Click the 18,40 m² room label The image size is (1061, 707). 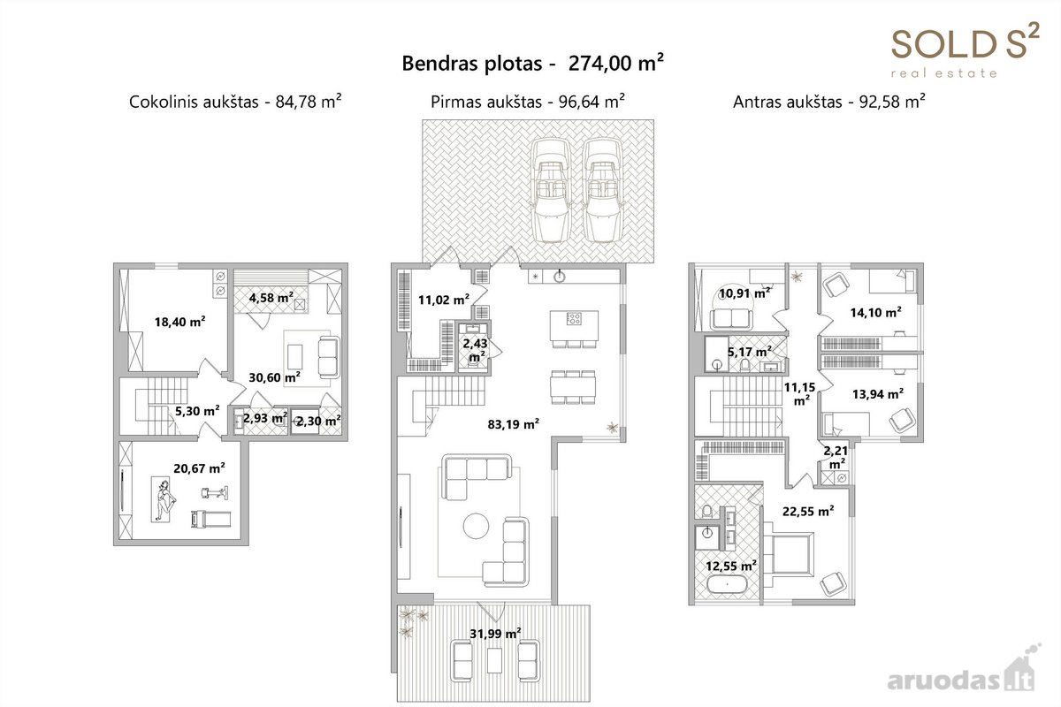click(x=180, y=322)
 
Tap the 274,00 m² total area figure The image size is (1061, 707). click(x=615, y=63)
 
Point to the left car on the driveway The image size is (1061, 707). click(x=550, y=190)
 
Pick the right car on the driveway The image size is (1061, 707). click(x=602, y=190)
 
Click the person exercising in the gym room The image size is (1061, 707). click(x=164, y=500)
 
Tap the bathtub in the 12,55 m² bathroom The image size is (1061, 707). click(x=727, y=584)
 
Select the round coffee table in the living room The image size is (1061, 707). click(x=476, y=526)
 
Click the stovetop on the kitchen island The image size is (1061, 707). click(x=574, y=319)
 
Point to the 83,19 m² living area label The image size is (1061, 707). click(x=514, y=424)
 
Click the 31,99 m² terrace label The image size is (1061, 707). click(x=495, y=633)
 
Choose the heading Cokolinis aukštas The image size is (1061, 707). click(x=194, y=102)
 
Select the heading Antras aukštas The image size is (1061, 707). click(x=787, y=102)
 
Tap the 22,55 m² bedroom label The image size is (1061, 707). click(x=808, y=512)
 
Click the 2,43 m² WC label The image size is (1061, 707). click(x=476, y=350)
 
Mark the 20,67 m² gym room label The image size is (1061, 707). click(x=199, y=468)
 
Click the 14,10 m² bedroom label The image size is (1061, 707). click(x=876, y=313)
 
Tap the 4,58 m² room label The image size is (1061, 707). click(x=271, y=298)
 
